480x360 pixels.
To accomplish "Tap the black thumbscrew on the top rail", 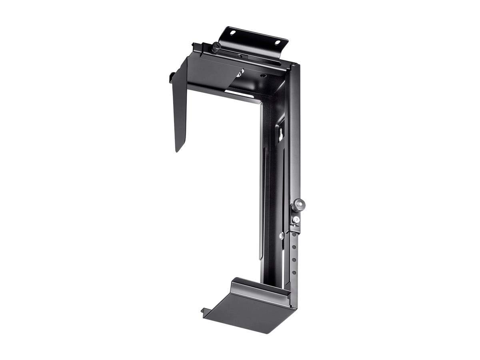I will point(215,47).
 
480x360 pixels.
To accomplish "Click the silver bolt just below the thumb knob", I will point(296,220).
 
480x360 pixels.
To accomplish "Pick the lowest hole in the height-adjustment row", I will point(294,272).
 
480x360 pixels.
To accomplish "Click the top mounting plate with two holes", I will point(256,38).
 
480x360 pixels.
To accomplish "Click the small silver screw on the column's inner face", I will point(282,236).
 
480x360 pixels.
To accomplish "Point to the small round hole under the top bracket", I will point(263,75).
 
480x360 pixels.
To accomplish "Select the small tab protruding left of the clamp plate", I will point(172,77).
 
